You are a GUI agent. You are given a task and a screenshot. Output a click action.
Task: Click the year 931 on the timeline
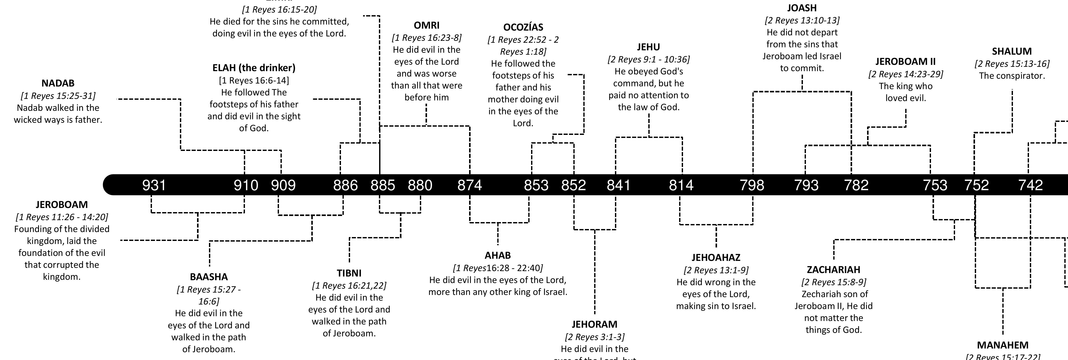(154, 185)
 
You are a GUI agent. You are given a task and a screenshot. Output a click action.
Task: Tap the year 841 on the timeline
(619, 185)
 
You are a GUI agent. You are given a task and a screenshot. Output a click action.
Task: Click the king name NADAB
(58, 83)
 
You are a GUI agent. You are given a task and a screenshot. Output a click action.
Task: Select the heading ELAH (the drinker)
(254, 68)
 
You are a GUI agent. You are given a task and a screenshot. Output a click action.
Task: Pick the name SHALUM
(1012, 51)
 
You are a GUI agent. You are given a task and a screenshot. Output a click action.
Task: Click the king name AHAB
(497, 255)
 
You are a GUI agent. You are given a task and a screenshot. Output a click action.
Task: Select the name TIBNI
(349, 273)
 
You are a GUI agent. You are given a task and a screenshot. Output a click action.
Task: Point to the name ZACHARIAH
(833, 270)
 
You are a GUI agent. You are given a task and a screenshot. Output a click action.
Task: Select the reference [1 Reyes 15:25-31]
(58, 96)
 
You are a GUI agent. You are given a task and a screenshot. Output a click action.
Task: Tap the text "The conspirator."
(1012, 76)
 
